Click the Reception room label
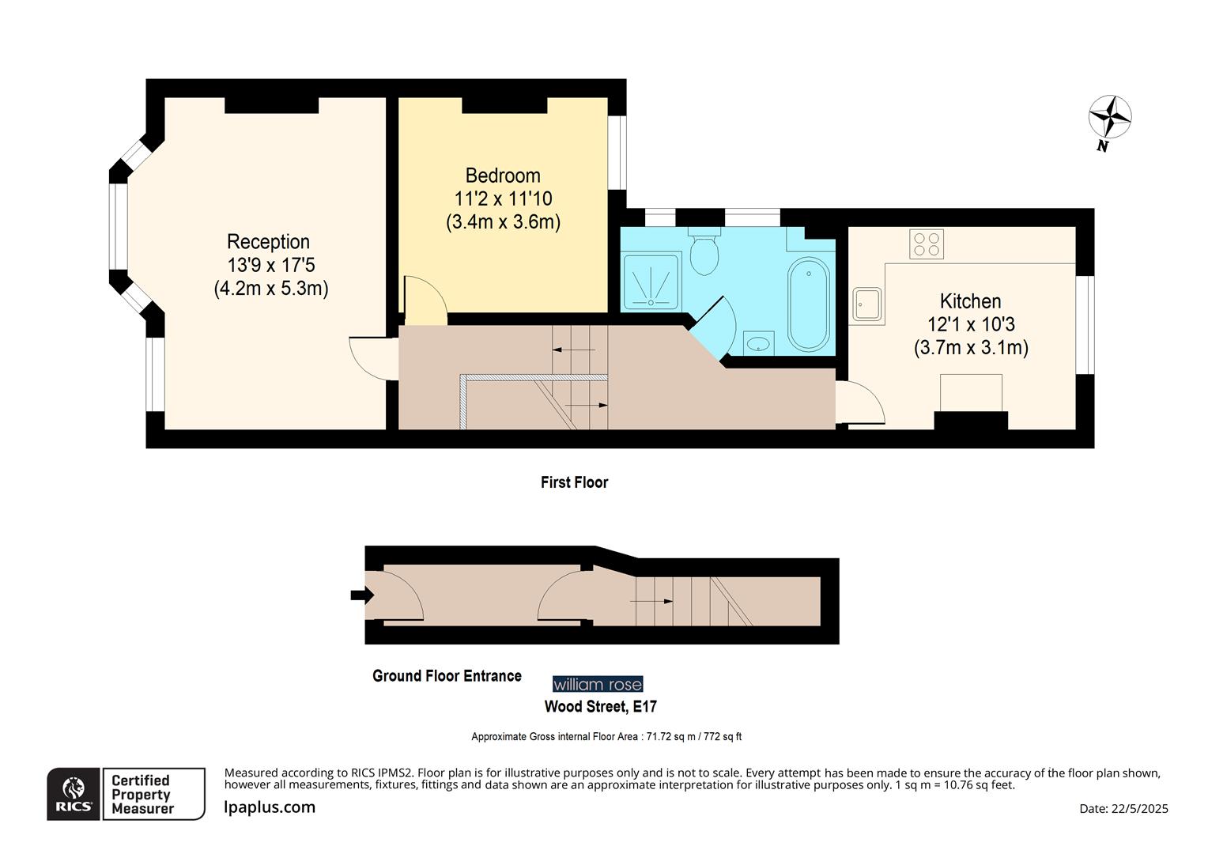[x=269, y=242]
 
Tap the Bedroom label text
[x=503, y=176]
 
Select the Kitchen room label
[x=970, y=301]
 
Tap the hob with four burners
[x=927, y=244]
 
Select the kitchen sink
[x=867, y=304]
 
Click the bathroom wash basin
[x=759, y=344]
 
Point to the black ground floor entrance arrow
[x=361, y=595]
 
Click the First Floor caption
[x=575, y=482]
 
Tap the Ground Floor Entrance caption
[x=447, y=676]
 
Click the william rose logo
[x=598, y=684]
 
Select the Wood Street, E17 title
[x=600, y=706]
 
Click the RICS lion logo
[x=74, y=793]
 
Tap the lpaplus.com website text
[x=270, y=807]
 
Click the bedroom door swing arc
[x=425, y=300]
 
